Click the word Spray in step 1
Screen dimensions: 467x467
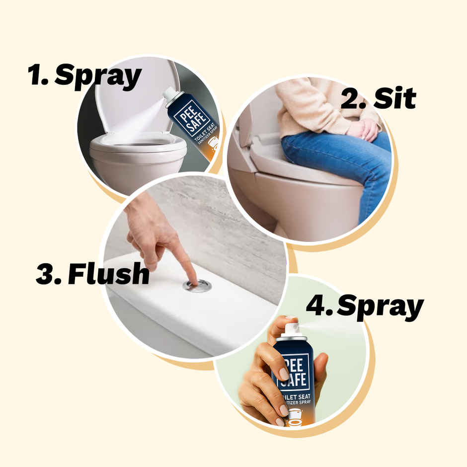[x=98, y=77]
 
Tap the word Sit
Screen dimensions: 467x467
[x=395, y=98]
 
